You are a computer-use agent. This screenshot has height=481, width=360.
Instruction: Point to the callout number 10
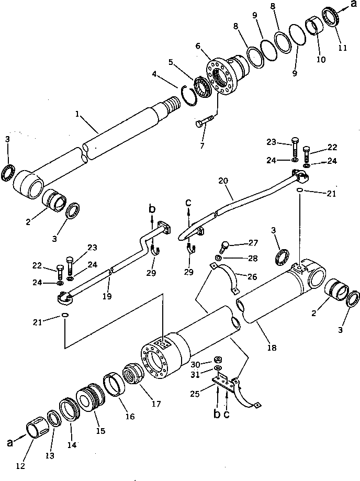point(320,60)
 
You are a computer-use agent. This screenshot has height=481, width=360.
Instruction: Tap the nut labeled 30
point(219,360)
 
